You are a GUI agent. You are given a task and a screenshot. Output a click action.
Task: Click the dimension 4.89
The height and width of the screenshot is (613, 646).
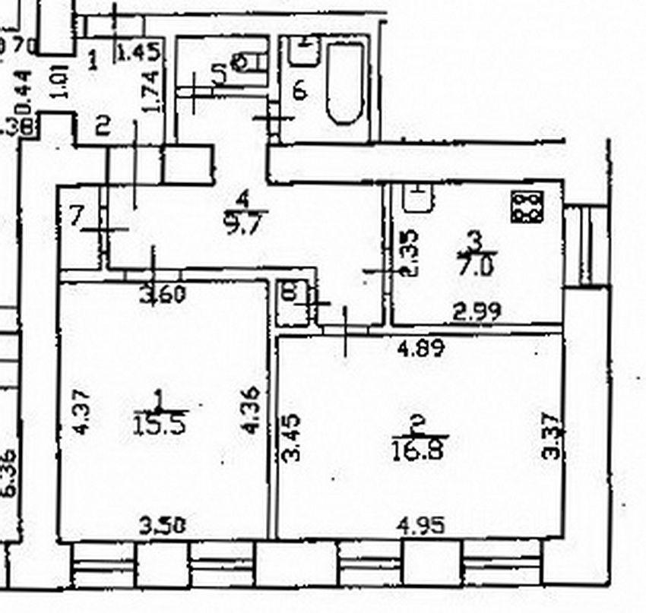point(420,348)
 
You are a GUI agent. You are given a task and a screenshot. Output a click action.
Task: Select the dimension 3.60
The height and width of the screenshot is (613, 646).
point(164,293)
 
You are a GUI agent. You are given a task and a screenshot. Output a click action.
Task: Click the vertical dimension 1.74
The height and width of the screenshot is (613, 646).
point(151,92)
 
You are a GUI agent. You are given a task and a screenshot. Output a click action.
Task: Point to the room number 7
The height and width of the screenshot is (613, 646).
point(76,217)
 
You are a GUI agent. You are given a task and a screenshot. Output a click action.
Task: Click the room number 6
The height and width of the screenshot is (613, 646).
point(299,90)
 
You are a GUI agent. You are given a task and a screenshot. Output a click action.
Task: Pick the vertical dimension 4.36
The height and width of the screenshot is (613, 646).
point(255,410)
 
